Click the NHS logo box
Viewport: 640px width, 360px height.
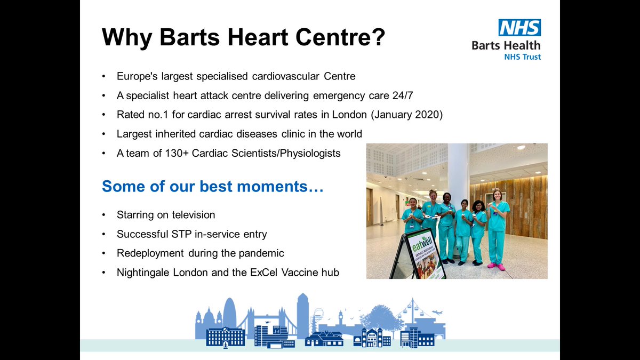pyautogui.click(x=519, y=28)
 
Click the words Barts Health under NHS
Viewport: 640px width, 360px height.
pyautogui.click(x=506, y=45)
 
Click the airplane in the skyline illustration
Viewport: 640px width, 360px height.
pyautogui.click(x=438, y=313)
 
